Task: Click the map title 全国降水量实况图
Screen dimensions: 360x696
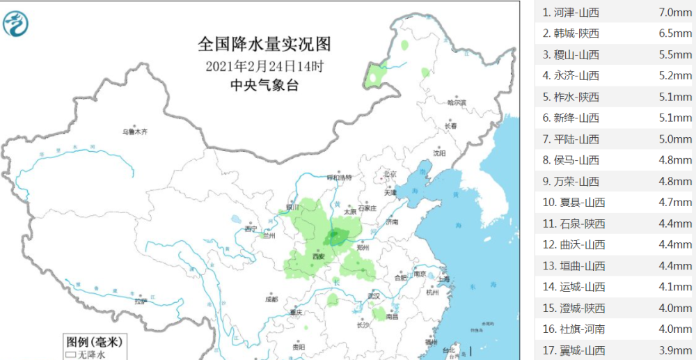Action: pyautogui.click(x=264, y=45)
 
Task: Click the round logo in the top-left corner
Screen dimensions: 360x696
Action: pyautogui.click(x=16, y=24)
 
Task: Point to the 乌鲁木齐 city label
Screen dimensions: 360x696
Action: pyautogui.click(x=135, y=131)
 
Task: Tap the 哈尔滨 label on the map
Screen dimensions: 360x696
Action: pyautogui.click(x=457, y=102)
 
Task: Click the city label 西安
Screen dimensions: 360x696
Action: pyautogui.click(x=319, y=256)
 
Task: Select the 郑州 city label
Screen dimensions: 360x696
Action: pyautogui.click(x=361, y=247)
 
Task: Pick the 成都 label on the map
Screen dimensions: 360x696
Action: pyautogui.click(x=271, y=299)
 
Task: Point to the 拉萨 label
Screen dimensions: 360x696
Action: pyautogui.click(x=141, y=301)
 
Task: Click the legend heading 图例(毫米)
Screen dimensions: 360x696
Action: pyautogui.click(x=94, y=342)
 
